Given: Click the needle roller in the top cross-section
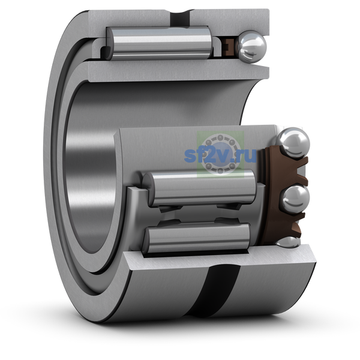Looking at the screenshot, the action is click(159, 43).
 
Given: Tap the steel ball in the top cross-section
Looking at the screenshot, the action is click(252, 47).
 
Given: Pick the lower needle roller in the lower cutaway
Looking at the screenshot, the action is click(196, 238).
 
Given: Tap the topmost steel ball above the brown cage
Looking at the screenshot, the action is click(293, 143).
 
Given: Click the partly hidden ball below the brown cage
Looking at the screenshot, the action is click(288, 242).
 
